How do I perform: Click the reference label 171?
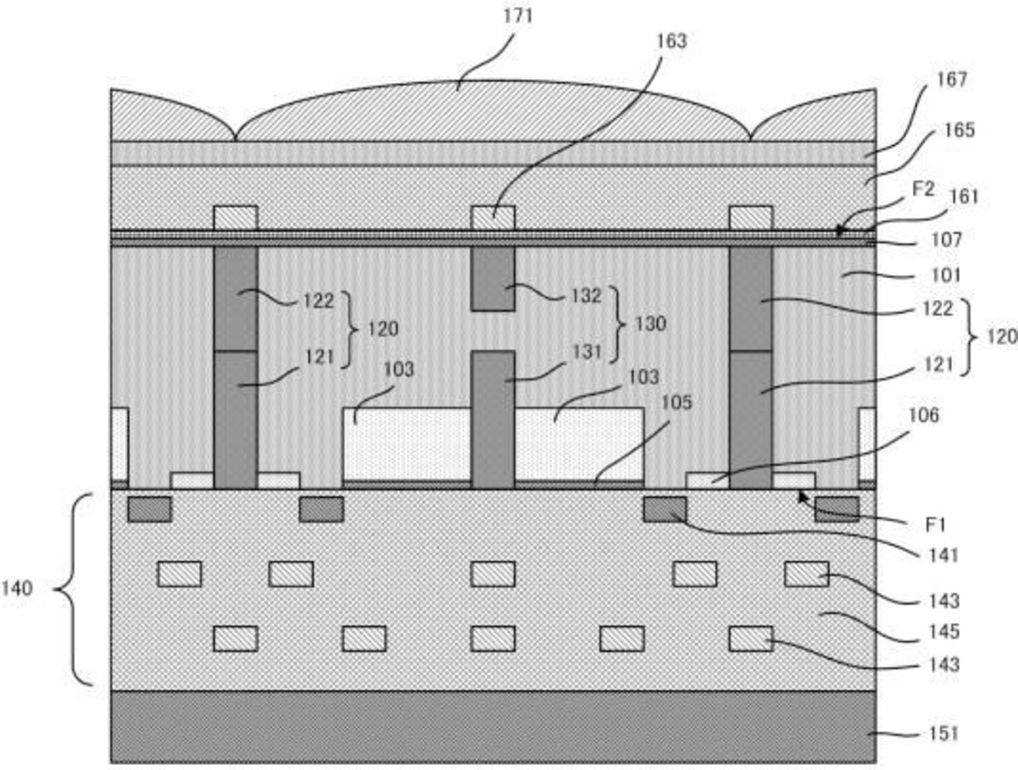coord(517,16)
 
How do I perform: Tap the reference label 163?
coord(671,41)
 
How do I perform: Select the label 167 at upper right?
coord(952,79)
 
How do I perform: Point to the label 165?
coord(959,130)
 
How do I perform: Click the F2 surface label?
coord(923,189)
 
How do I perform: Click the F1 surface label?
coord(935,525)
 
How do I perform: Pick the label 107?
coord(946,240)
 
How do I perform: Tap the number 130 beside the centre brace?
coord(650,323)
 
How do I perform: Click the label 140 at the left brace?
coord(17,588)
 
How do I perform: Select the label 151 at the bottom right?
coord(944,733)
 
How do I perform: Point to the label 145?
coord(944,631)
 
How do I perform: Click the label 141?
coord(944,555)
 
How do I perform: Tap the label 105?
coord(677,403)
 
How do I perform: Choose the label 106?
coord(924,415)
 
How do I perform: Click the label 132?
coord(586,295)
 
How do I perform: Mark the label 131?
coord(586,351)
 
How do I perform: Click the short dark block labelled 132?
coord(493,279)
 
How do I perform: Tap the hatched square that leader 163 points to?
coord(493,218)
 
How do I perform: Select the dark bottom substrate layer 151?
coord(493,727)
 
